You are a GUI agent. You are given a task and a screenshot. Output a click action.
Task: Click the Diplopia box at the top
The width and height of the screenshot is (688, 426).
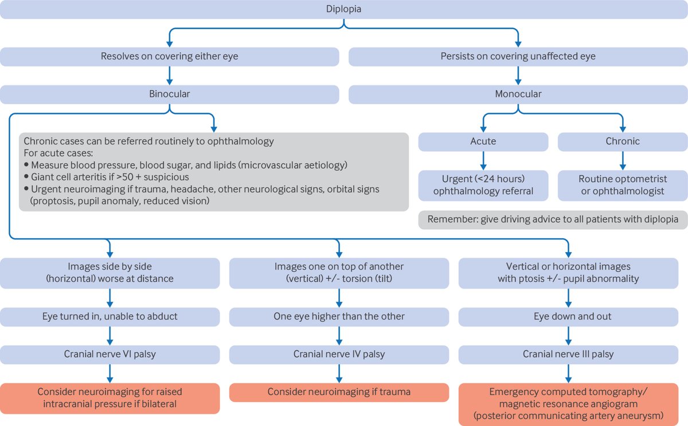[344, 9]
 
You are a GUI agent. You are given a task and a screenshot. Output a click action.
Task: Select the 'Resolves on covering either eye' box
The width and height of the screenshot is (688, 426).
[170, 56]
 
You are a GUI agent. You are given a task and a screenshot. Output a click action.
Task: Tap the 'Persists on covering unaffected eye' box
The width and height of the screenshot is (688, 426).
[518, 56]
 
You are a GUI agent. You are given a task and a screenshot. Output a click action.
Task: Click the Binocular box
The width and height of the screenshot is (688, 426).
[170, 94]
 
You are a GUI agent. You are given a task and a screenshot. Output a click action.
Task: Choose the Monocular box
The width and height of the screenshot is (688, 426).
[518, 94]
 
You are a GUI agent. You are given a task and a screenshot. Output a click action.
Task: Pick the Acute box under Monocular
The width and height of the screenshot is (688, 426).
[483, 141]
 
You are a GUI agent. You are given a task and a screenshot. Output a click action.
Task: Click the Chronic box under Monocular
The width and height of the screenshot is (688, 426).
[622, 141]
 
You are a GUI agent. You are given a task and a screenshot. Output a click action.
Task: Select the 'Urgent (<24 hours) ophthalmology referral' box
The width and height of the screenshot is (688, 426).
[483, 185]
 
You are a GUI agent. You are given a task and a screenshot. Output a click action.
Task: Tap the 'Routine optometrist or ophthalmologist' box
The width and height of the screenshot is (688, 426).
[622, 185]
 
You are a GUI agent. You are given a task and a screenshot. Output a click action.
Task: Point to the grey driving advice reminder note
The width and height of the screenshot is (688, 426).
[553, 219]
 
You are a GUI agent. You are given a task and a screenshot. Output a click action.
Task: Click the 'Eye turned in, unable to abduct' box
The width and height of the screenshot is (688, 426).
[110, 316]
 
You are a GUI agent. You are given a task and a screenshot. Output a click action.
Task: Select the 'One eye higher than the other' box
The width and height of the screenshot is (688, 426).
[339, 316]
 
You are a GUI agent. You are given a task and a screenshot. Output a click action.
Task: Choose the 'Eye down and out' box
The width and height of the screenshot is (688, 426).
[568, 316]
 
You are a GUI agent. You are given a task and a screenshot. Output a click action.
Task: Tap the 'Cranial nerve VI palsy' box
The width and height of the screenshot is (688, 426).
[110, 354]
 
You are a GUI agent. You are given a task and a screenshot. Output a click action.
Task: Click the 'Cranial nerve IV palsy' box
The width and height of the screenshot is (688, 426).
[339, 354]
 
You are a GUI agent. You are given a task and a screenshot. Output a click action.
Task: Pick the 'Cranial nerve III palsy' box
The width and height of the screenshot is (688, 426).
[568, 354]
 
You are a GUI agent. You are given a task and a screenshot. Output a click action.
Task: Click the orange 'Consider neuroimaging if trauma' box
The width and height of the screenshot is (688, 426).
[339, 392]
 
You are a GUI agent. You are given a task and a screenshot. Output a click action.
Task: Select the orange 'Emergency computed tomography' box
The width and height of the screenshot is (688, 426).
[568, 404]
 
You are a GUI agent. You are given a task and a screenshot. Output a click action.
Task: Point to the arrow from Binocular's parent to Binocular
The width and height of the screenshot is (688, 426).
[170, 75]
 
